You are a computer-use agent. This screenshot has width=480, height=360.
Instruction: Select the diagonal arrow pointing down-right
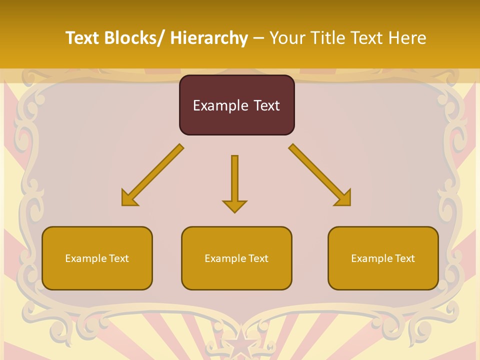pyautogui.click(x=319, y=174)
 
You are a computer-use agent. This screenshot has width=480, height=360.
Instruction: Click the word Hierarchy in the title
pyautogui.click(x=208, y=38)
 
